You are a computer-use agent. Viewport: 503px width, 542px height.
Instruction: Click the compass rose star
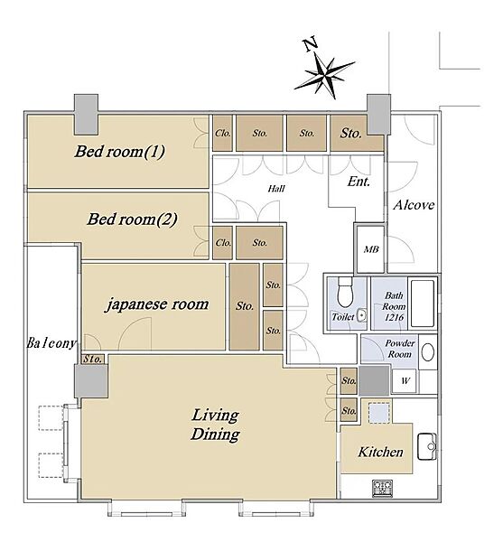pyautogui.click(x=324, y=74)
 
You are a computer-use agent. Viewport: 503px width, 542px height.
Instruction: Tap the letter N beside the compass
pyautogui.click(x=310, y=44)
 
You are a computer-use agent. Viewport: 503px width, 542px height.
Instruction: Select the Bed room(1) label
pyautogui.click(x=119, y=152)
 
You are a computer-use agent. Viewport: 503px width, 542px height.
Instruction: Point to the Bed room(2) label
pyautogui.click(x=132, y=220)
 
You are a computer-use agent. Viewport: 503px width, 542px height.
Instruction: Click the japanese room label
pyautogui.click(x=156, y=304)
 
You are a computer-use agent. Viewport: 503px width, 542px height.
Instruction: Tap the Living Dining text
pyautogui.click(x=215, y=425)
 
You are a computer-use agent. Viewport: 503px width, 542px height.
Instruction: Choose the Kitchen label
pyautogui.click(x=380, y=452)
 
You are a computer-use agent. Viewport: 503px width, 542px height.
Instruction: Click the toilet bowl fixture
pyautogui.click(x=345, y=293)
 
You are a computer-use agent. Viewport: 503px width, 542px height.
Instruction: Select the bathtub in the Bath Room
pyautogui.click(x=422, y=304)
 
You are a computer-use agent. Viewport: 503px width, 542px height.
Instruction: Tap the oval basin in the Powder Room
pyautogui.click(x=428, y=352)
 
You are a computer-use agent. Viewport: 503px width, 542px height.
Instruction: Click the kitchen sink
pyautogui.click(x=427, y=446)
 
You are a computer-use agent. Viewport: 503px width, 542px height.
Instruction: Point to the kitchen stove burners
pyautogui.click(x=382, y=488)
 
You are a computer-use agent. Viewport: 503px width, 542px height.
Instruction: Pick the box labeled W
pyautogui.click(x=405, y=381)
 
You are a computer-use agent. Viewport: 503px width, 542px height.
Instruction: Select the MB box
pyautogui.click(x=370, y=249)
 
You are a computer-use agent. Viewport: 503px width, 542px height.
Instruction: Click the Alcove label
pyautogui.click(x=414, y=205)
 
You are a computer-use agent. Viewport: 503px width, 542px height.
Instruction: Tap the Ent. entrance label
pyautogui.click(x=359, y=182)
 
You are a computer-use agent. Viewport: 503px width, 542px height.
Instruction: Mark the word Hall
pyautogui.click(x=276, y=189)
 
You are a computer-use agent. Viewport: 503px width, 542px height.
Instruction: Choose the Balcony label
pyautogui.click(x=51, y=343)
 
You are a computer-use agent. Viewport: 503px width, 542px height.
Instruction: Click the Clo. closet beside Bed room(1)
pyautogui.click(x=222, y=133)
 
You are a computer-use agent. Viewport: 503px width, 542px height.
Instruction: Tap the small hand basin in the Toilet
pyautogui.click(x=361, y=314)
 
